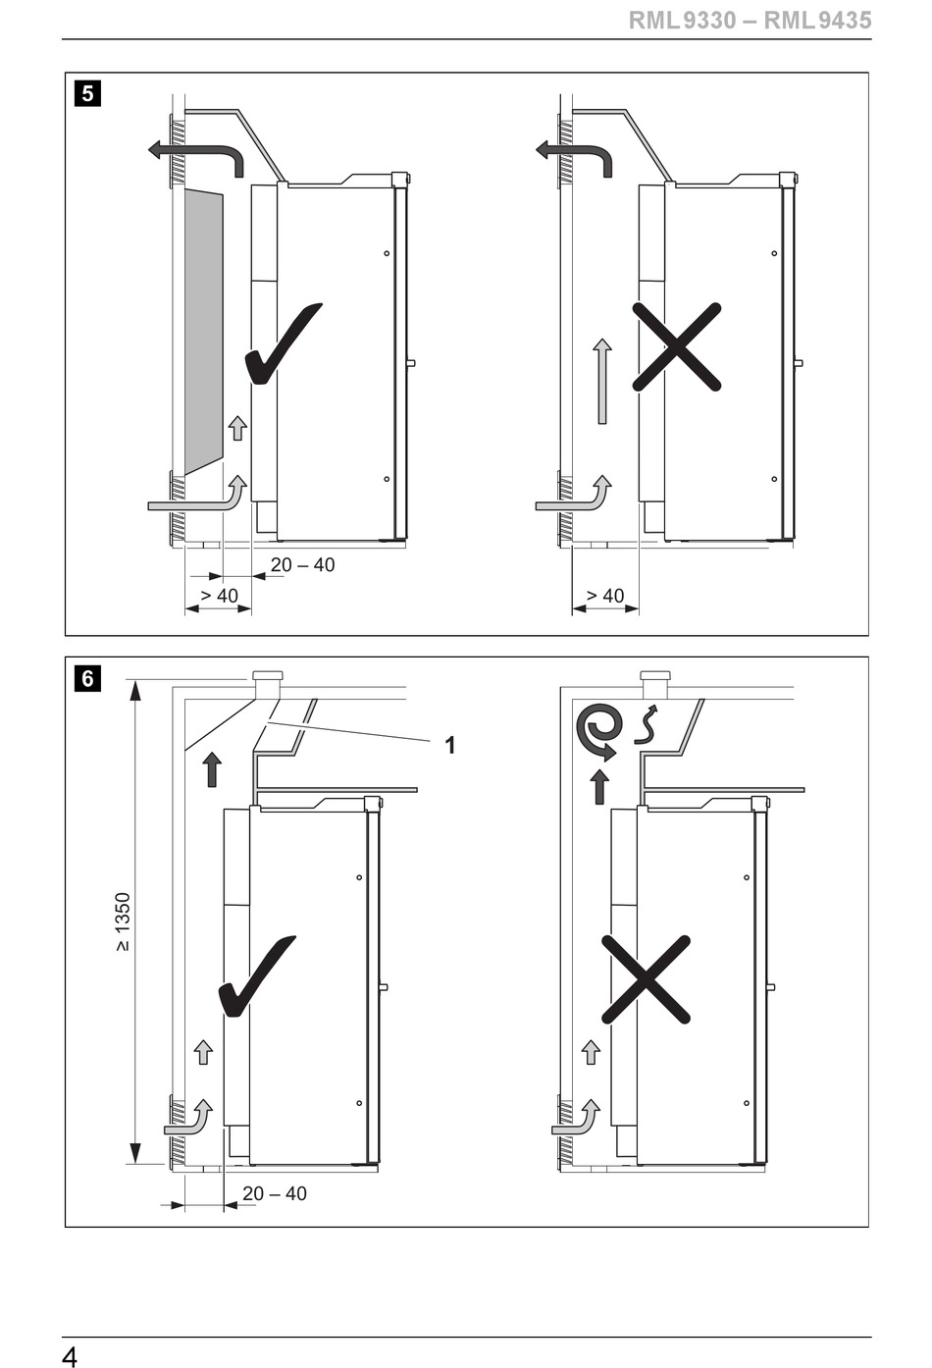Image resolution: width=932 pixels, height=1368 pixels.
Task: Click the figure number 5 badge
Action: coord(87,94)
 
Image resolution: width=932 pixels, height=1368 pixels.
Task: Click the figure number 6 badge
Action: coord(87,678)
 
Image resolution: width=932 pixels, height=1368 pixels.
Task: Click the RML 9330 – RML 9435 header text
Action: coord(751,21)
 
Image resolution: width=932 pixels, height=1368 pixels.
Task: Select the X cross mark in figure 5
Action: coord(677,346)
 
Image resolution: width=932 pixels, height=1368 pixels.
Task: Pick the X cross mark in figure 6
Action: coord(646,979)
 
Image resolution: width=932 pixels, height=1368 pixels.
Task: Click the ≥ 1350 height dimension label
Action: coord(123,922)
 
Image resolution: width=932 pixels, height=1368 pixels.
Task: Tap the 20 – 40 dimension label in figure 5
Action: coord(303,565)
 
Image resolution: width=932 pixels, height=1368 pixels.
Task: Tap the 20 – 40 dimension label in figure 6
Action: coord(275,1193)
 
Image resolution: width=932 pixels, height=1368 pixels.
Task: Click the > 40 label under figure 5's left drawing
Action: coord(219,596)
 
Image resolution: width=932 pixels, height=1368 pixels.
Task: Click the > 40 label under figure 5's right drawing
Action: coord(605,596)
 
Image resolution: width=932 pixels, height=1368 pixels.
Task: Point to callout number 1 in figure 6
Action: coord(450,745)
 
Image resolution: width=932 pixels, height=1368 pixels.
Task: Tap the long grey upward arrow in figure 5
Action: coord(602,381)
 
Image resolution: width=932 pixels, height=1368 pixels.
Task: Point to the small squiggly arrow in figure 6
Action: coord(647,724)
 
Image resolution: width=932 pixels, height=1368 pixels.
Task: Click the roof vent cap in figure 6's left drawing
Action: coord(267,679)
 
